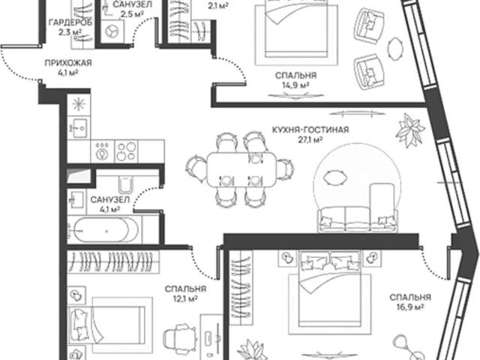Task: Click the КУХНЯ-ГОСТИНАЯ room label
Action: (310, 130)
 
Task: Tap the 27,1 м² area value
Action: (310, 140)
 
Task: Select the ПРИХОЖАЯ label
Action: (68, 63)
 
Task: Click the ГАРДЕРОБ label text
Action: (70, 22)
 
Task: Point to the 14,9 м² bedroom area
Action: (295, 85)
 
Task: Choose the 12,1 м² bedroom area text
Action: (185, 298)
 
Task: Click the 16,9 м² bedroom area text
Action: (410, 307)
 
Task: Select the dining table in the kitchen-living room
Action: (241, 169)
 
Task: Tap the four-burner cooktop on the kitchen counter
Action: (126, 151)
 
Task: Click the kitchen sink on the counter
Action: (79, 128)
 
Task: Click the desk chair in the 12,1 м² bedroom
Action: (180, 337)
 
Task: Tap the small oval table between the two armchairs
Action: (395, 49)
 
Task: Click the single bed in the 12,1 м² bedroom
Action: (110, 325)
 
